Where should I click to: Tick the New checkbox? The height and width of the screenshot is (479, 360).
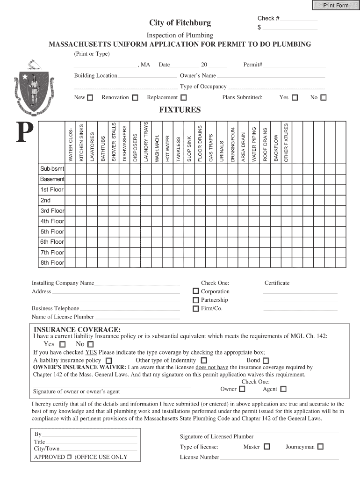pos(90,98)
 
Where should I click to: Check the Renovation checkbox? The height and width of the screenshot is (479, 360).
pos(135,98)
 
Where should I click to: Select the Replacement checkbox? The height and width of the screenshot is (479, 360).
pos(184,98)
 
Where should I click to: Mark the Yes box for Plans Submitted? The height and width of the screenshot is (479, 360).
pos(295,98)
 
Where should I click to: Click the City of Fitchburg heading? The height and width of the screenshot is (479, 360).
pos(180,23)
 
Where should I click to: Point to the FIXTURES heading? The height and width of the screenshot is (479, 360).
pos(180,110)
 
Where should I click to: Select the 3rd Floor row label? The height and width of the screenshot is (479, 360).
pos(52,211)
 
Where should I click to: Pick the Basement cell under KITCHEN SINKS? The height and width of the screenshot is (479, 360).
pos(81,179)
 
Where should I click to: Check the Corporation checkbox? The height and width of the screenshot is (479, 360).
pos(196,291)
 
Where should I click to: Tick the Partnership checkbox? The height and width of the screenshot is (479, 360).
pos(196,300)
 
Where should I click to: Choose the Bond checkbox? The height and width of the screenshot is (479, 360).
pos(266,361)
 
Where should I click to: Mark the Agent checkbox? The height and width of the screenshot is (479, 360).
pos(283,389)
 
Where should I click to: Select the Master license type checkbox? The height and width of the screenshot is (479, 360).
pos(266,447)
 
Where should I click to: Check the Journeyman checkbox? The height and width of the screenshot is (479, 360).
pos(320,447)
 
